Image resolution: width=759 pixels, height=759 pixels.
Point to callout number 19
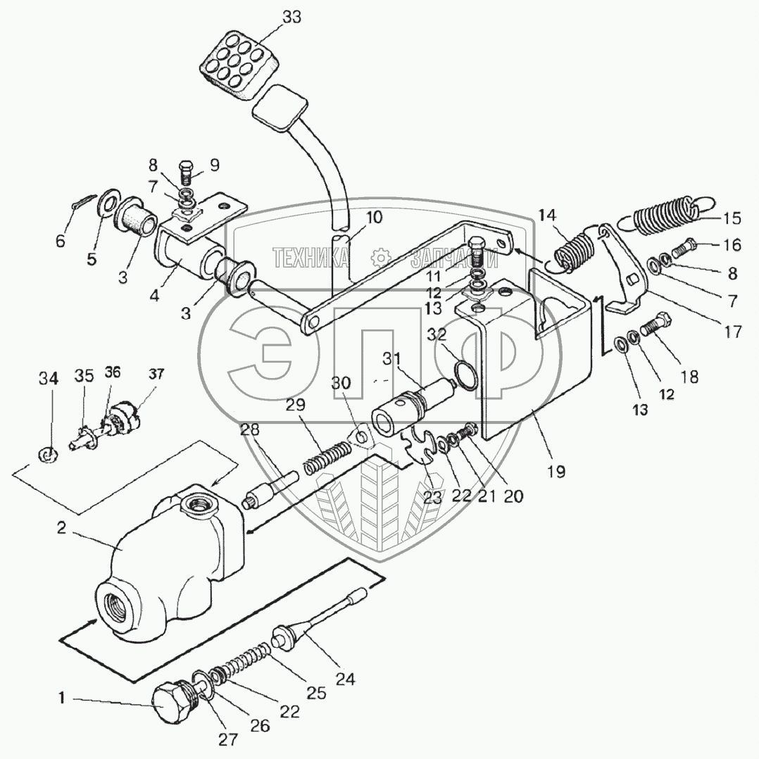(x=556, y=471)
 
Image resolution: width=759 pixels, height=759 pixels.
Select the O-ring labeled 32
(x=463, y=374)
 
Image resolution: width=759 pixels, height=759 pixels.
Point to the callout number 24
(x=345, y=679)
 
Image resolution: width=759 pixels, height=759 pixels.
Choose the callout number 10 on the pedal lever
(x=374, y=218)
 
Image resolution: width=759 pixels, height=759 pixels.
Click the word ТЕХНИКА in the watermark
(x=310, y=258)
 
